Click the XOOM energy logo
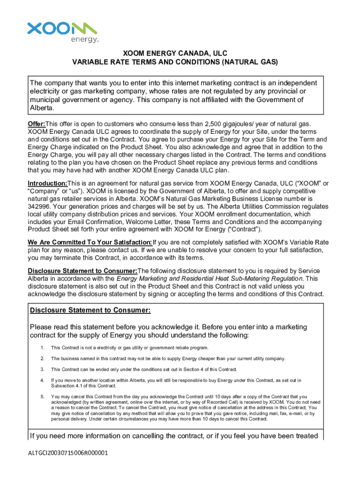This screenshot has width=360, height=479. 62,31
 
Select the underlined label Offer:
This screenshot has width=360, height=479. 36,124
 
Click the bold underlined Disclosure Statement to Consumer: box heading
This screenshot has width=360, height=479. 90,311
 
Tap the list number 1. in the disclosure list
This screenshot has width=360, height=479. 42,348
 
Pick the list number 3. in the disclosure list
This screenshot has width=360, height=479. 42,370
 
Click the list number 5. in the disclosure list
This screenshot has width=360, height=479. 42,397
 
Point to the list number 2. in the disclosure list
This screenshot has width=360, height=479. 42,359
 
